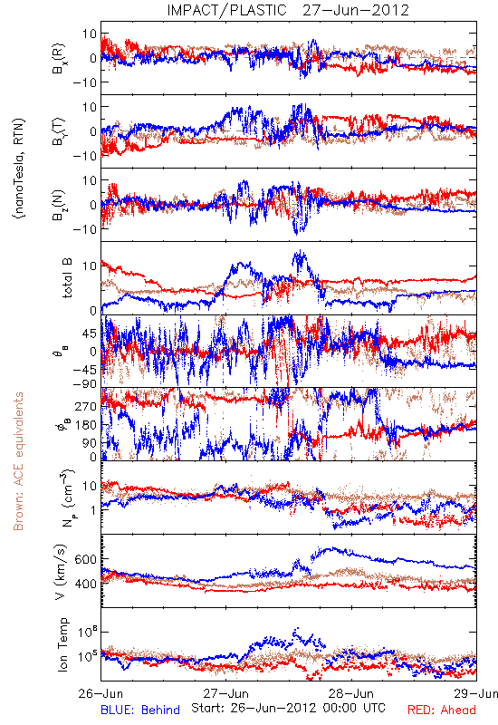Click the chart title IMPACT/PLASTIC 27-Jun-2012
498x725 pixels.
point(288,10)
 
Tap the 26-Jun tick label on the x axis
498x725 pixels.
point(101,693)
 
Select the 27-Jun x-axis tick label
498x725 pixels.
point(226,693)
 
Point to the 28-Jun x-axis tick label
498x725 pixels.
point(351,693)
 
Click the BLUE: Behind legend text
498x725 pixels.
point(140,710)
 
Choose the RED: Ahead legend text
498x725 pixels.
point(442,710)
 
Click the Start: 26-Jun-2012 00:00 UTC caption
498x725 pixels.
point(288,708)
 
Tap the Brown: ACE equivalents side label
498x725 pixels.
point(18,461)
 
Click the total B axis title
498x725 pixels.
point(67,278)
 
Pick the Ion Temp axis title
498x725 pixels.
point(62,644)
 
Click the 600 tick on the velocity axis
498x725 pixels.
point(85,559)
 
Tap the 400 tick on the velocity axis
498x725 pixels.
point(85,584)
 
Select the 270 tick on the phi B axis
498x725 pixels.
point(86,406)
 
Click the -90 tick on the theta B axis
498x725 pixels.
point(84,383)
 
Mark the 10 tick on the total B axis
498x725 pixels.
point(90,266)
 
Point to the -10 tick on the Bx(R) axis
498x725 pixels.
point(84,82)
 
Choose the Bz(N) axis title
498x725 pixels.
point(59,204)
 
